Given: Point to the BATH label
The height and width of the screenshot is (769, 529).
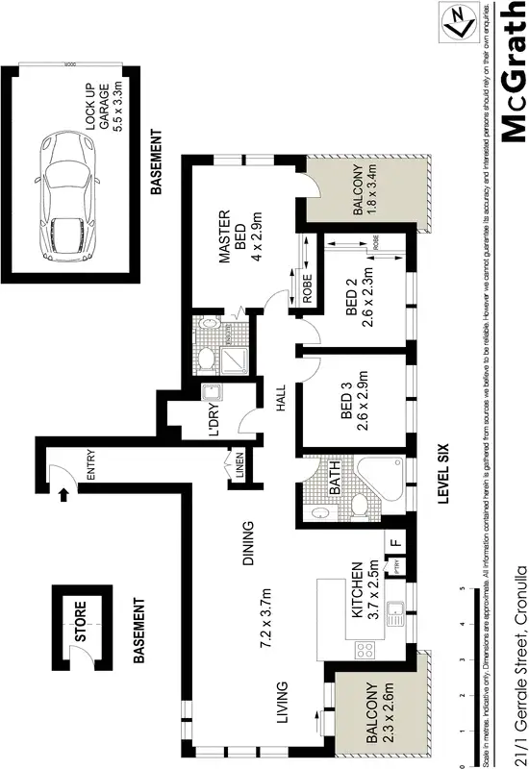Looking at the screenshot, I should (336, 479).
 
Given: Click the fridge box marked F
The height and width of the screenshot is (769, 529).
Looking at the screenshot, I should (394, 540).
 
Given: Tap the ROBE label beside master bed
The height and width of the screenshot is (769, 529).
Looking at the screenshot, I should (308, 289).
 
